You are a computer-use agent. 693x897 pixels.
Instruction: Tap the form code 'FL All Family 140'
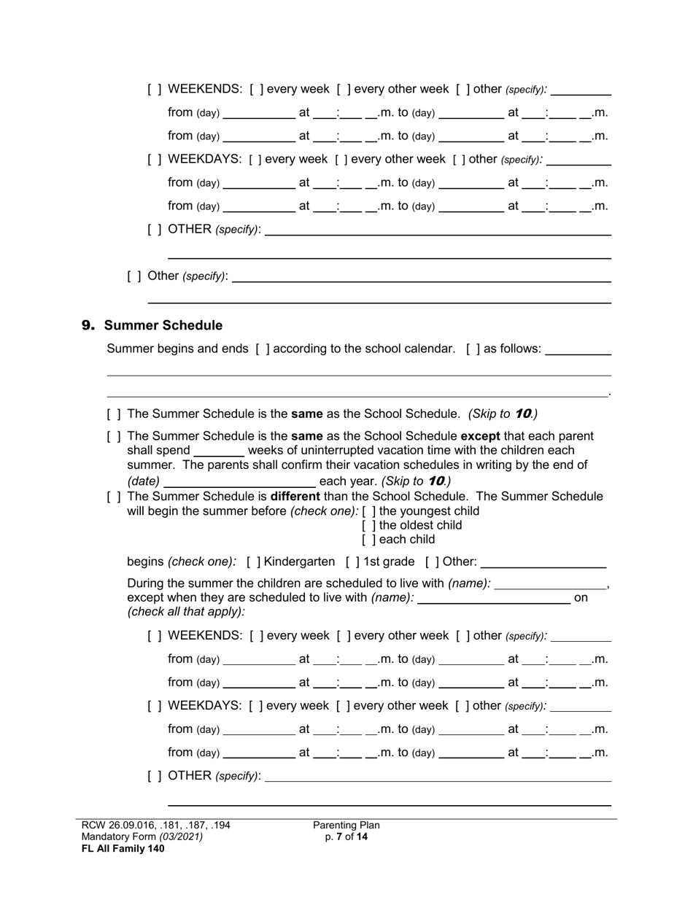click(x=123, y=848)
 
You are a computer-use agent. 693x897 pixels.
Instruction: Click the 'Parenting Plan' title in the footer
click(x=346, y=826)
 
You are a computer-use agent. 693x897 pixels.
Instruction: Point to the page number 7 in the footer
click(x=340, y=837)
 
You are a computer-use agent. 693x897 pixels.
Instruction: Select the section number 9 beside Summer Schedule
click(x=88, y=325)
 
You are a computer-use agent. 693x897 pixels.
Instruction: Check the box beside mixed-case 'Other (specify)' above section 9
click(x=134, y=276)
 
